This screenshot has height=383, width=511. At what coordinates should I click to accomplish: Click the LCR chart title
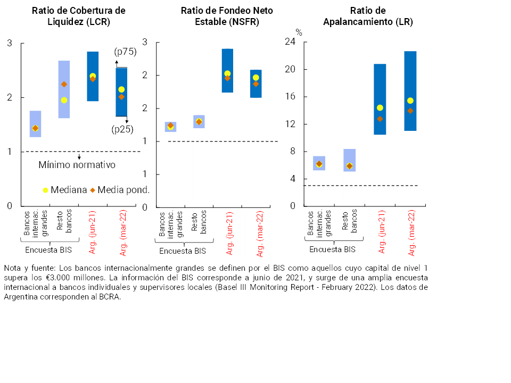pos(79,16)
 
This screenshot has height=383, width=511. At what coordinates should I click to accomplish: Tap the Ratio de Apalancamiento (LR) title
pos(368,16)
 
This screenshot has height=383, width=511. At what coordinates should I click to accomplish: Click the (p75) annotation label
pos(125,52)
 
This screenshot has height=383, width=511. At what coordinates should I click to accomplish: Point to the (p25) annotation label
pos(122,129)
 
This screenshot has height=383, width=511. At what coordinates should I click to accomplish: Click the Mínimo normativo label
pos(77,165)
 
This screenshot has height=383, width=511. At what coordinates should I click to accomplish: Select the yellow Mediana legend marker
pos(45,190)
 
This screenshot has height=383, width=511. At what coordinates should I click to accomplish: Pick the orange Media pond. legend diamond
pos(93,190)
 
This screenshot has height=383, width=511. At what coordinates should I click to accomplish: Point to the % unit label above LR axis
pos(299,32)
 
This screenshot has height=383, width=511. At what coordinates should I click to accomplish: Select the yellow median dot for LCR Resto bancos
pos(64,100)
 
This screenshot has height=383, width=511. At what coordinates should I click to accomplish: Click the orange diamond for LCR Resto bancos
pos(64,84)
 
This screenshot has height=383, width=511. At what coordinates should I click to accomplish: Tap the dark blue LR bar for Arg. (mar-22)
pos(410,90)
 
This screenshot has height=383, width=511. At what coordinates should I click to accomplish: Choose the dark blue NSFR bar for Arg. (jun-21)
pos(227,70)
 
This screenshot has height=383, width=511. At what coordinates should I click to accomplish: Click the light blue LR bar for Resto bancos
pos(349,160)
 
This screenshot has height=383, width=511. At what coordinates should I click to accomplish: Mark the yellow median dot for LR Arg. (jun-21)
pos(380,108)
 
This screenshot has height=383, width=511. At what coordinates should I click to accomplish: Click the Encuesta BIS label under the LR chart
pos(332,249)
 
